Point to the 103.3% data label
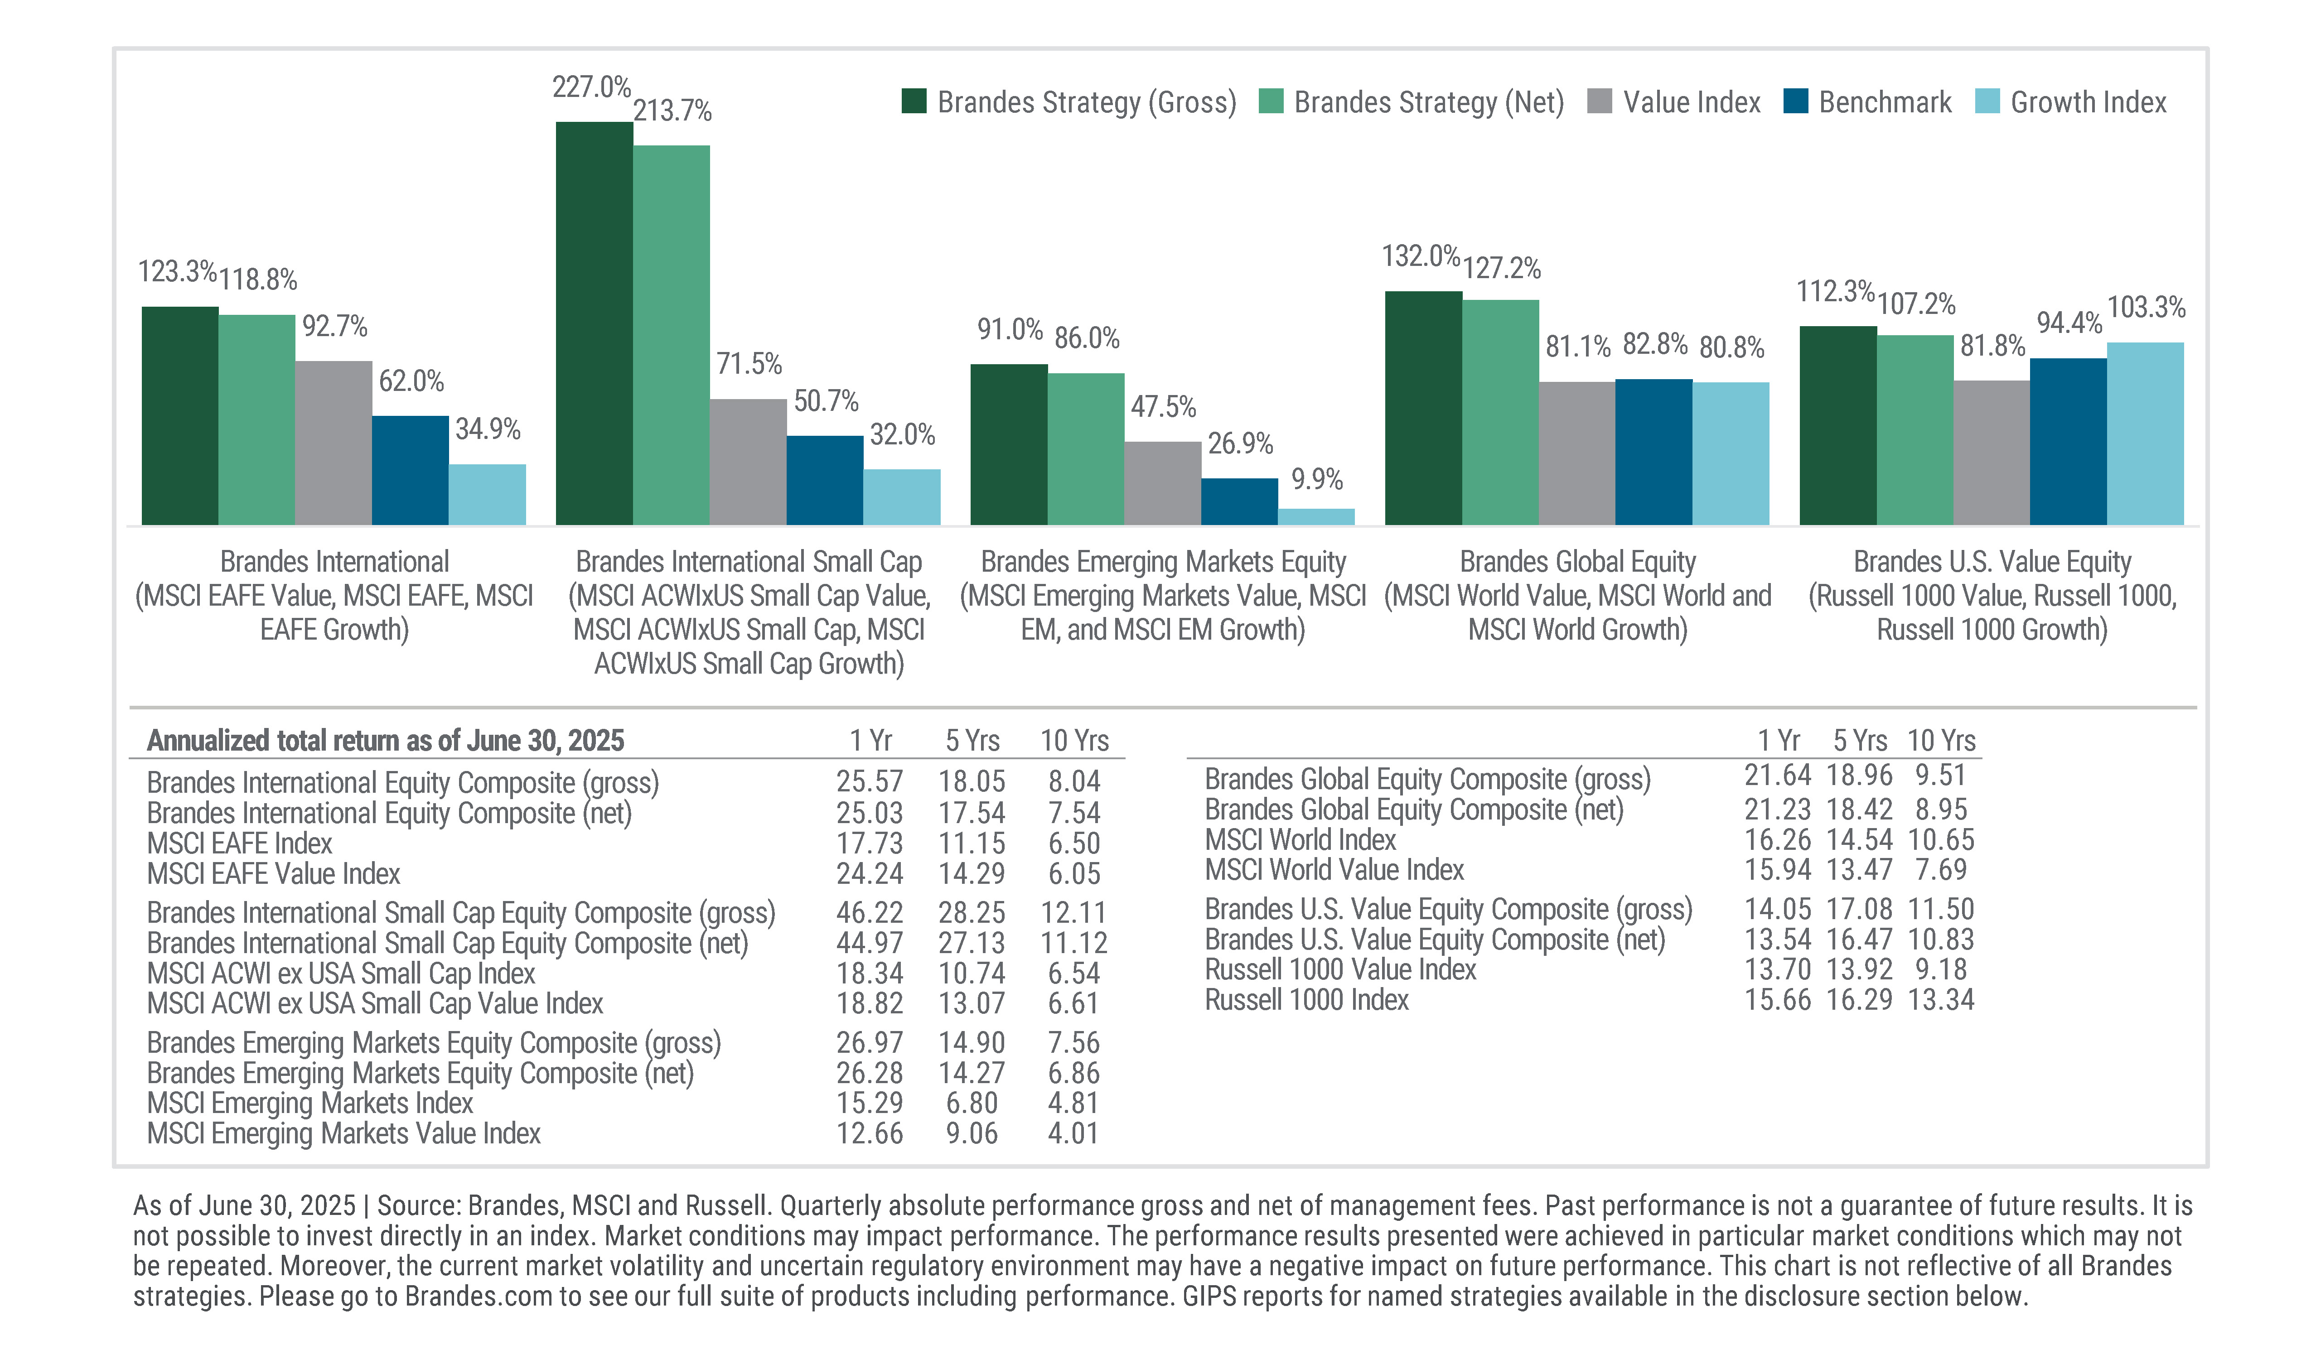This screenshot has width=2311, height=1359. click(x=2146, y=307)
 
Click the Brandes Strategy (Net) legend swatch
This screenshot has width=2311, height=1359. click(x=1271, y=102)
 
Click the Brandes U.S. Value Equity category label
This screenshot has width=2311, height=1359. click(x=1992, y=561)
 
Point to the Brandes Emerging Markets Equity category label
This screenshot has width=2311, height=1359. click(x=1163, y=561)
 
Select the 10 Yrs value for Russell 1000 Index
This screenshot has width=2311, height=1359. click(x=1940, y=999)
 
